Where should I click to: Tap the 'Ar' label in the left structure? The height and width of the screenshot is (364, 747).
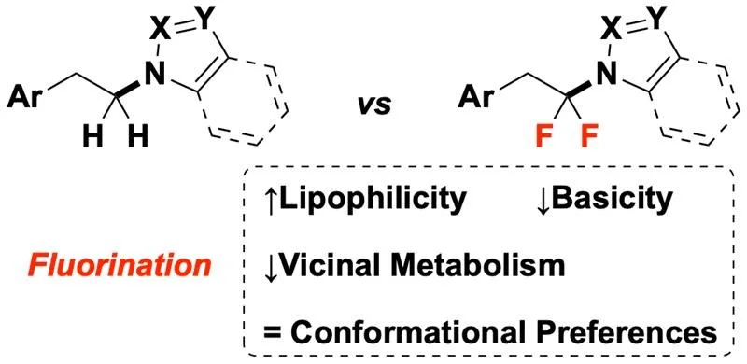click(31, 95)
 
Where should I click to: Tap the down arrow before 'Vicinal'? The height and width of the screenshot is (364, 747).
click(272, 268)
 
